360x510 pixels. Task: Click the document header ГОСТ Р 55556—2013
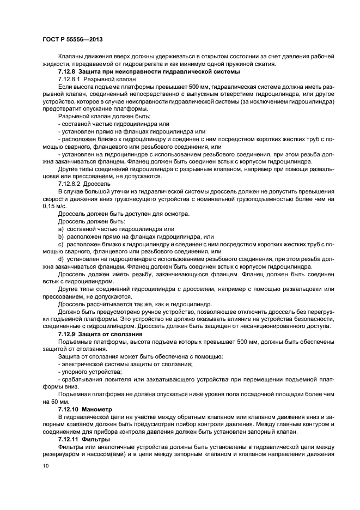72,40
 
